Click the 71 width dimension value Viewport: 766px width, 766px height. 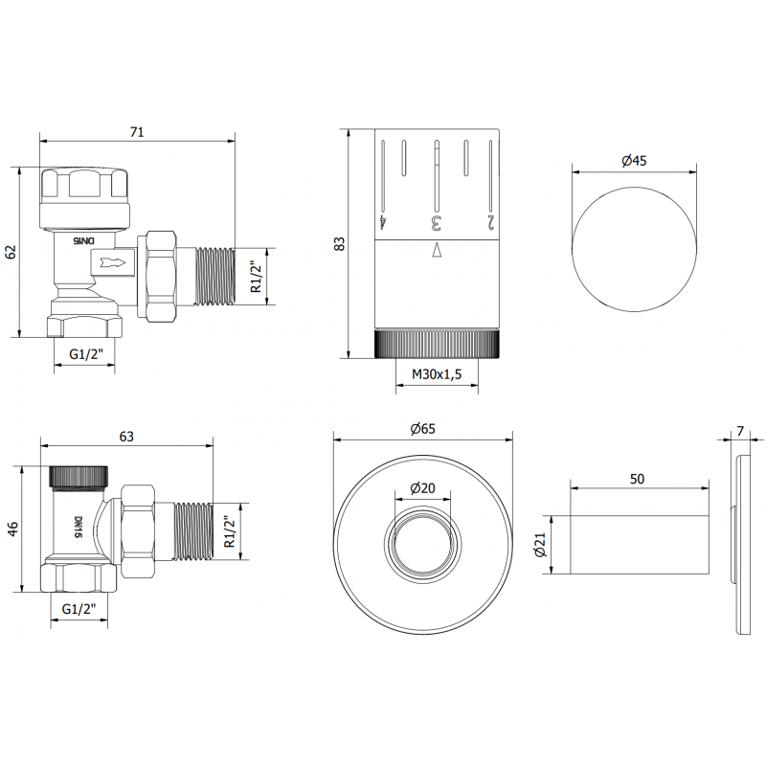[x=136, y=132]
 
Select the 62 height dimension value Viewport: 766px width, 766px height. [x=11, y=252]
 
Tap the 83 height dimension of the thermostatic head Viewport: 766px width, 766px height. [x=338, y=243]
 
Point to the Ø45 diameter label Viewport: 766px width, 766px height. [x=634, y=161]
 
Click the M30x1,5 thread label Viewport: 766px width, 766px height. [x=437, y=375]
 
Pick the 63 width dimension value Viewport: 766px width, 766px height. [x=126, y=437]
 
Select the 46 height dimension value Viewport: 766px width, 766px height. [x=12, y=529]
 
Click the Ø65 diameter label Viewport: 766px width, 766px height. [x=422, y=429]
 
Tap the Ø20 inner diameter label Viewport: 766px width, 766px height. [x=422, y=488]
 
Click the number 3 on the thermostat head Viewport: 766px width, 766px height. [x=437, y=223]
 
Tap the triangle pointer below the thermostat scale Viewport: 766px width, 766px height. [x=437, y=251]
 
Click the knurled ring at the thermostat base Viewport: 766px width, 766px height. [x=437, y=342]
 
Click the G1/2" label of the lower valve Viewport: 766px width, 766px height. [x=79, y=609]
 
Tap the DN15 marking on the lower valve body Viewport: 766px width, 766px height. [x=78, y=527]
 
